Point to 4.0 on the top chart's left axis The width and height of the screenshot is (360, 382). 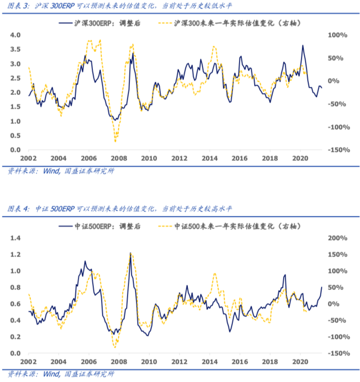tap(15, 35)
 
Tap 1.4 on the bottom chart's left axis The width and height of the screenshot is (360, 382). tap(15, 238)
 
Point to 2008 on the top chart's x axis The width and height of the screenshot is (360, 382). tap(118, 159)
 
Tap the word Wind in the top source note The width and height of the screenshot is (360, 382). tap(44, 171)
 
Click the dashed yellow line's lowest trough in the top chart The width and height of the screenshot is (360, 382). tap(115, 141)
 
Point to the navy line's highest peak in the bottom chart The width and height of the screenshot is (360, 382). tap(130, 254)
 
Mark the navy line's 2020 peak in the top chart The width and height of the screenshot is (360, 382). tap(303, 46)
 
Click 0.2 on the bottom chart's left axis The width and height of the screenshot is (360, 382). tap(15, 337)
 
